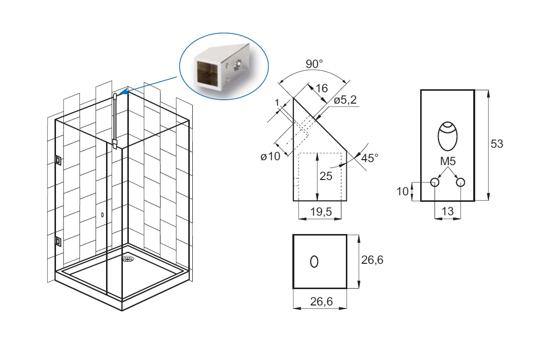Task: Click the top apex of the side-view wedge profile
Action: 293,98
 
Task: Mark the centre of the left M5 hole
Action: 435,182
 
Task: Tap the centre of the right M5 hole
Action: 460,182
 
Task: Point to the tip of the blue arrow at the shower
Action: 120,94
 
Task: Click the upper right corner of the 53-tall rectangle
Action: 474,90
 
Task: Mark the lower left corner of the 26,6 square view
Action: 293,288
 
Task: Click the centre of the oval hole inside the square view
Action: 314,261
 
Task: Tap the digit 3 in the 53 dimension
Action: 500,144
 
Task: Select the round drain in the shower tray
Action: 128,259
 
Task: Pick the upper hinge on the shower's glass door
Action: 58,160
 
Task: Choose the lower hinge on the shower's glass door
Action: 58,242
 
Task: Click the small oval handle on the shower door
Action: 102,214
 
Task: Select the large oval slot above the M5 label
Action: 448,136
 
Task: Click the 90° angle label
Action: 314,64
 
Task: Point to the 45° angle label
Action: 370,158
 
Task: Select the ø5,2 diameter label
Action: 345,100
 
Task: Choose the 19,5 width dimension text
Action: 321,212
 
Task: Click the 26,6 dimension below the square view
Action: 321,301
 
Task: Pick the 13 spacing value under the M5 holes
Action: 447,211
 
